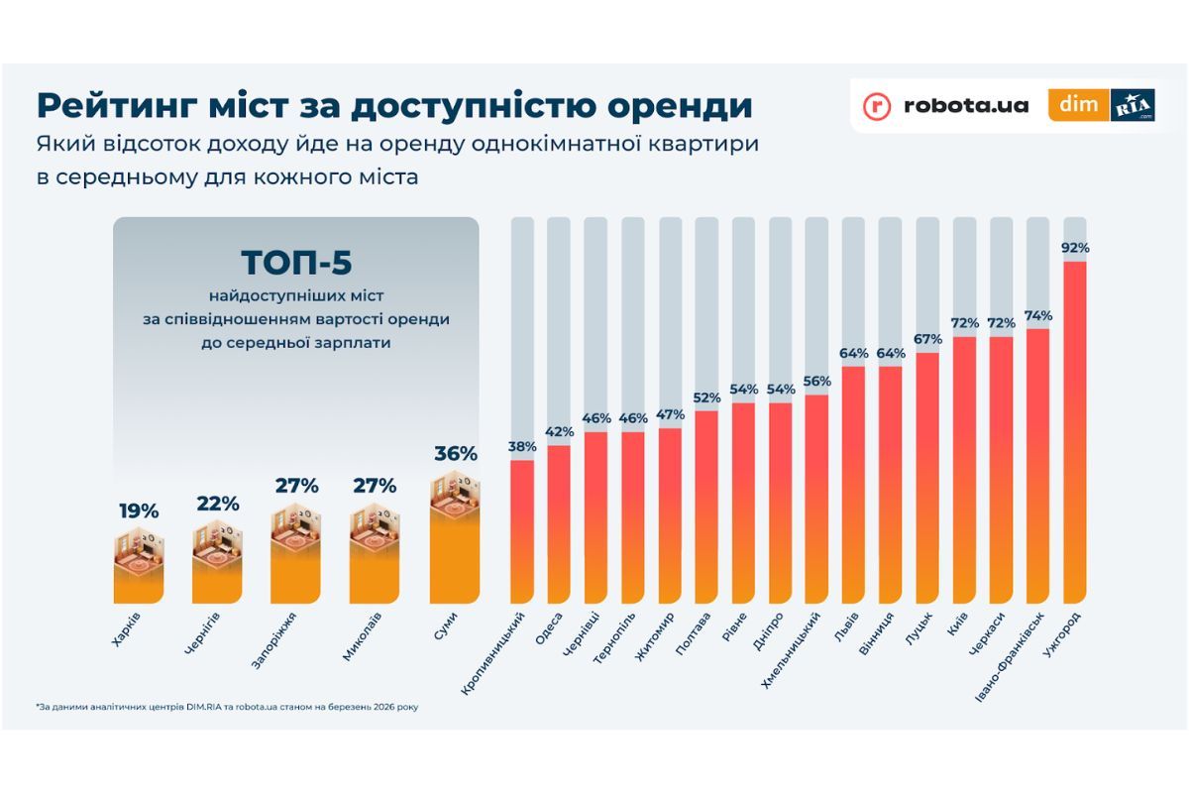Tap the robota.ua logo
coord(945,105)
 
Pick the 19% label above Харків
coord(138,511)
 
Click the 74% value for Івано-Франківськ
coord(1038,315)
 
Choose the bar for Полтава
coord(706,507)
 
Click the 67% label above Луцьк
coord(927,340)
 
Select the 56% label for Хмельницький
coord(817,382)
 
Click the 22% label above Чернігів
coord(217,504)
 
